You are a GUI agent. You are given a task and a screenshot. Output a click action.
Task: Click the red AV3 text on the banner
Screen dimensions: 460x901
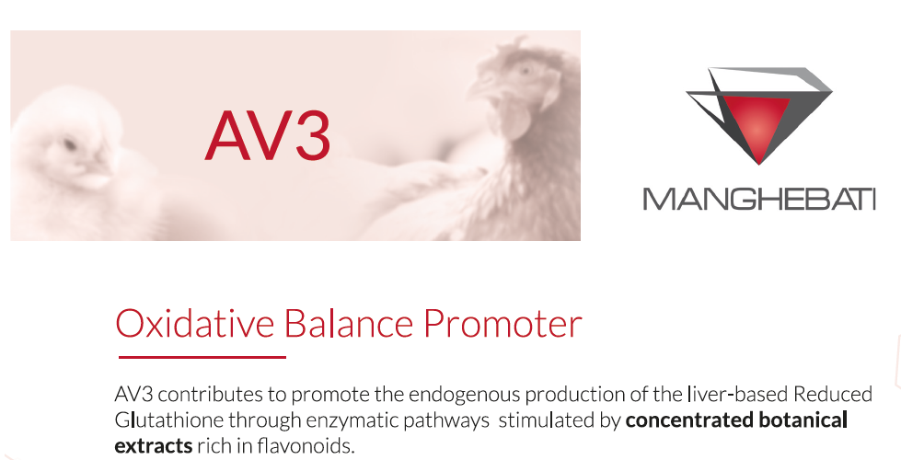pyautogui.click(x=267, y=135)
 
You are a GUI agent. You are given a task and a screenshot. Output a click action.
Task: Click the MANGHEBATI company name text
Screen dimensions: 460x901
pyautogui.click(x=758, y=199)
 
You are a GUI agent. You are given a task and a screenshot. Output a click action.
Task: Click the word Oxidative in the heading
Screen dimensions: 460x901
pyautogui.click(x=194, y=324)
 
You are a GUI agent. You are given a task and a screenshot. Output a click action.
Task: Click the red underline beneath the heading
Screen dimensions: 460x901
pyautogui.click(x=202, y=357)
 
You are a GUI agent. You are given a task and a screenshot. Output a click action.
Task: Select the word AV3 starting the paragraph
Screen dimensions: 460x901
pyautogui.click(x=132, y=395)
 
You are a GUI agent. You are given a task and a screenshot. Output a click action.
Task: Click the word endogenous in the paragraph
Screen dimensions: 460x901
pyautogui.click(x=457, y=395)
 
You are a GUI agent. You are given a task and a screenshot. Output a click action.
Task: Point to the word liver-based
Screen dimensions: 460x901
pyautogui.click(x=735, y=395)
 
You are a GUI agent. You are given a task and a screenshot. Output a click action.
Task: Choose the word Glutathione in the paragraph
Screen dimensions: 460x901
pyautogui.click(x=165, y=420)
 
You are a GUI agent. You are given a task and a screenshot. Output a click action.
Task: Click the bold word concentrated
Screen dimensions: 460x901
pyautogui.click(x=685, y=420)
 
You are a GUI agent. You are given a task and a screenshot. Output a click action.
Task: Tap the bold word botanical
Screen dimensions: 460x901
pyautogui.click(x=803, y=420)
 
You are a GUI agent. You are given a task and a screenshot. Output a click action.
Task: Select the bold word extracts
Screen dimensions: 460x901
pyautogui.click(x=153, y=446)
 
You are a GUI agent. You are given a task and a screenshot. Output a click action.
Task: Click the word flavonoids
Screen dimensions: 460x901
pyautogui.click(x=309, y=446)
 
